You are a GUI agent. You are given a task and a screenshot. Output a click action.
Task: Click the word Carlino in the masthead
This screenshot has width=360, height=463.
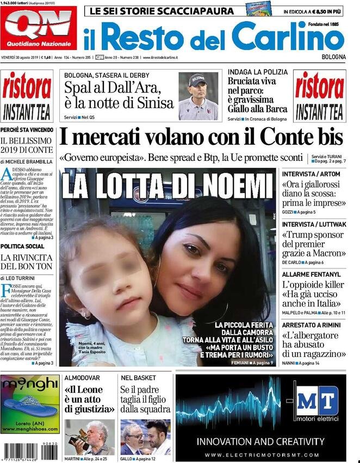pyautogui.click(x=288, y=36)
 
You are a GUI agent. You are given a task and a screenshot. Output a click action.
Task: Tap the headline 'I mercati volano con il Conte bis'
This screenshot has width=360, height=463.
pyautogui.click(x=201, y=136)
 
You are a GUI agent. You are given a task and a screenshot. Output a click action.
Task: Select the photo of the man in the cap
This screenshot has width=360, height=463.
pyautogui.click(x=198, y=96)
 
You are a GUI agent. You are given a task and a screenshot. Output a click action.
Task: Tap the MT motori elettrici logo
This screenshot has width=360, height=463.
pyautogui.click(x=317, y=402)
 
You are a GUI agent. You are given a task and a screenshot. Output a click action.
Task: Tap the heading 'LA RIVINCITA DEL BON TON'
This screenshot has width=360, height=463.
pyautogui.click(x=27, y=261)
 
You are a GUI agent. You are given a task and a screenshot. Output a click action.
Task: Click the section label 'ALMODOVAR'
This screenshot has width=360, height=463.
pyautogui.click(x=83, y=377)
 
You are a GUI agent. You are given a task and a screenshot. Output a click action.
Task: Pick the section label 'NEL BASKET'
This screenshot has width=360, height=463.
pyautogui.click(x=139, y=377)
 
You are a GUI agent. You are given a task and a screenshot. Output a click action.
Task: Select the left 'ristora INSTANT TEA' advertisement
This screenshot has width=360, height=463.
pyautogui.click(x=27, y=96)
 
